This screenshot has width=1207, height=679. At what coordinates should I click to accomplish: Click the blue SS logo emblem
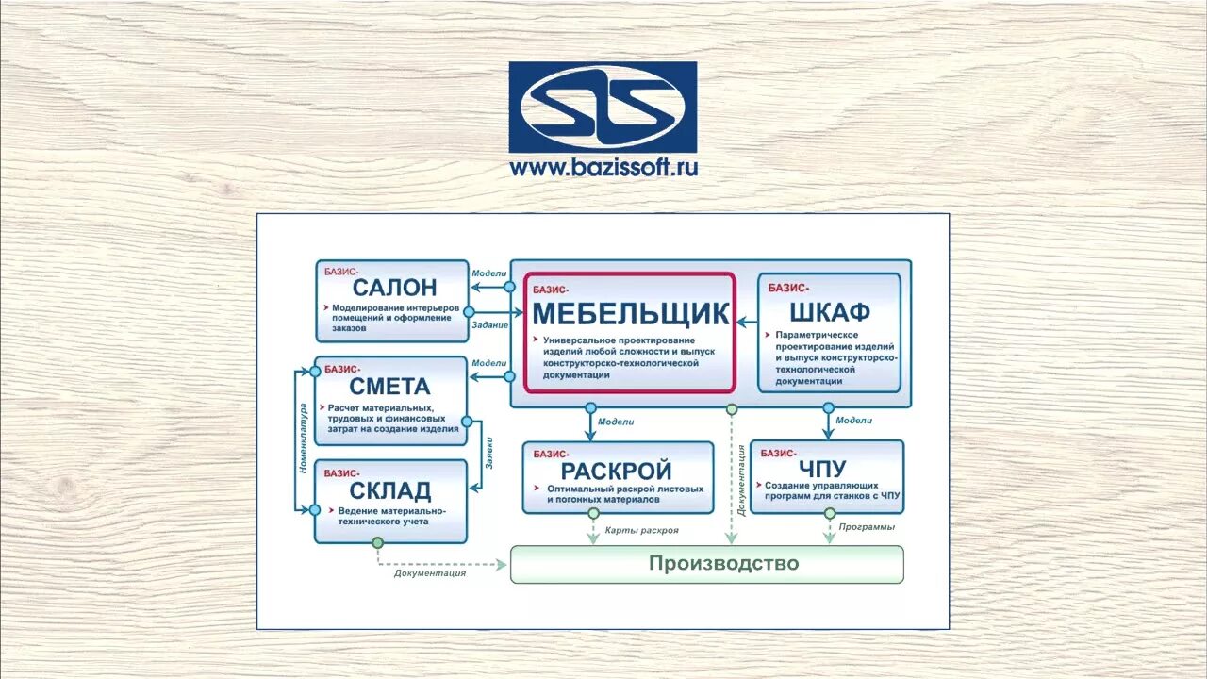tap(603, 108)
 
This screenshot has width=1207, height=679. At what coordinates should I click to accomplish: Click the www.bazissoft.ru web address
tap(603, 169)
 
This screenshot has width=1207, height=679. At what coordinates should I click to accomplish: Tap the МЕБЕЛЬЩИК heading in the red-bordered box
tap(631, 313)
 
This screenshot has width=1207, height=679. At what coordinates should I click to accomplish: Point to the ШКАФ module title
tap(830, 312)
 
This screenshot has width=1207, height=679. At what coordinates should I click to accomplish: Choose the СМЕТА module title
tap(389, 386)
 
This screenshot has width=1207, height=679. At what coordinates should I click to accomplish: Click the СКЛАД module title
tap(389, 489)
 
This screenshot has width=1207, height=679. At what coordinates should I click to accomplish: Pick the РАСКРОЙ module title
tap(617, 470)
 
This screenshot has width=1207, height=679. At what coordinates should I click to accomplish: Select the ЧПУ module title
tap(822, 469)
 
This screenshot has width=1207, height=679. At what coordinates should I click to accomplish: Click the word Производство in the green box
tap(723, 563)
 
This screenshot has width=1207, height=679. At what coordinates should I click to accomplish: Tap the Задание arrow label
tap(489, 325)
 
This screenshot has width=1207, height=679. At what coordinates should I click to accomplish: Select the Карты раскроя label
tap(641, 531)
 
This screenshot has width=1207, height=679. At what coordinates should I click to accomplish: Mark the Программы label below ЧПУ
tap(866, 527)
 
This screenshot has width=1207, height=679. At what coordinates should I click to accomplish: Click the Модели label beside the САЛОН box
tap(489, 273)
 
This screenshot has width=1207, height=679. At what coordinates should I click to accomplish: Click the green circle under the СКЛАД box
tap(378, 543)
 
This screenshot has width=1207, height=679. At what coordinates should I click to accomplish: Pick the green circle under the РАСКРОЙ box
tap(593, 514)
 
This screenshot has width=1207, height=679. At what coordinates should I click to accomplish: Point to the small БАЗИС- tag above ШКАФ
tap(788, 288)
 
